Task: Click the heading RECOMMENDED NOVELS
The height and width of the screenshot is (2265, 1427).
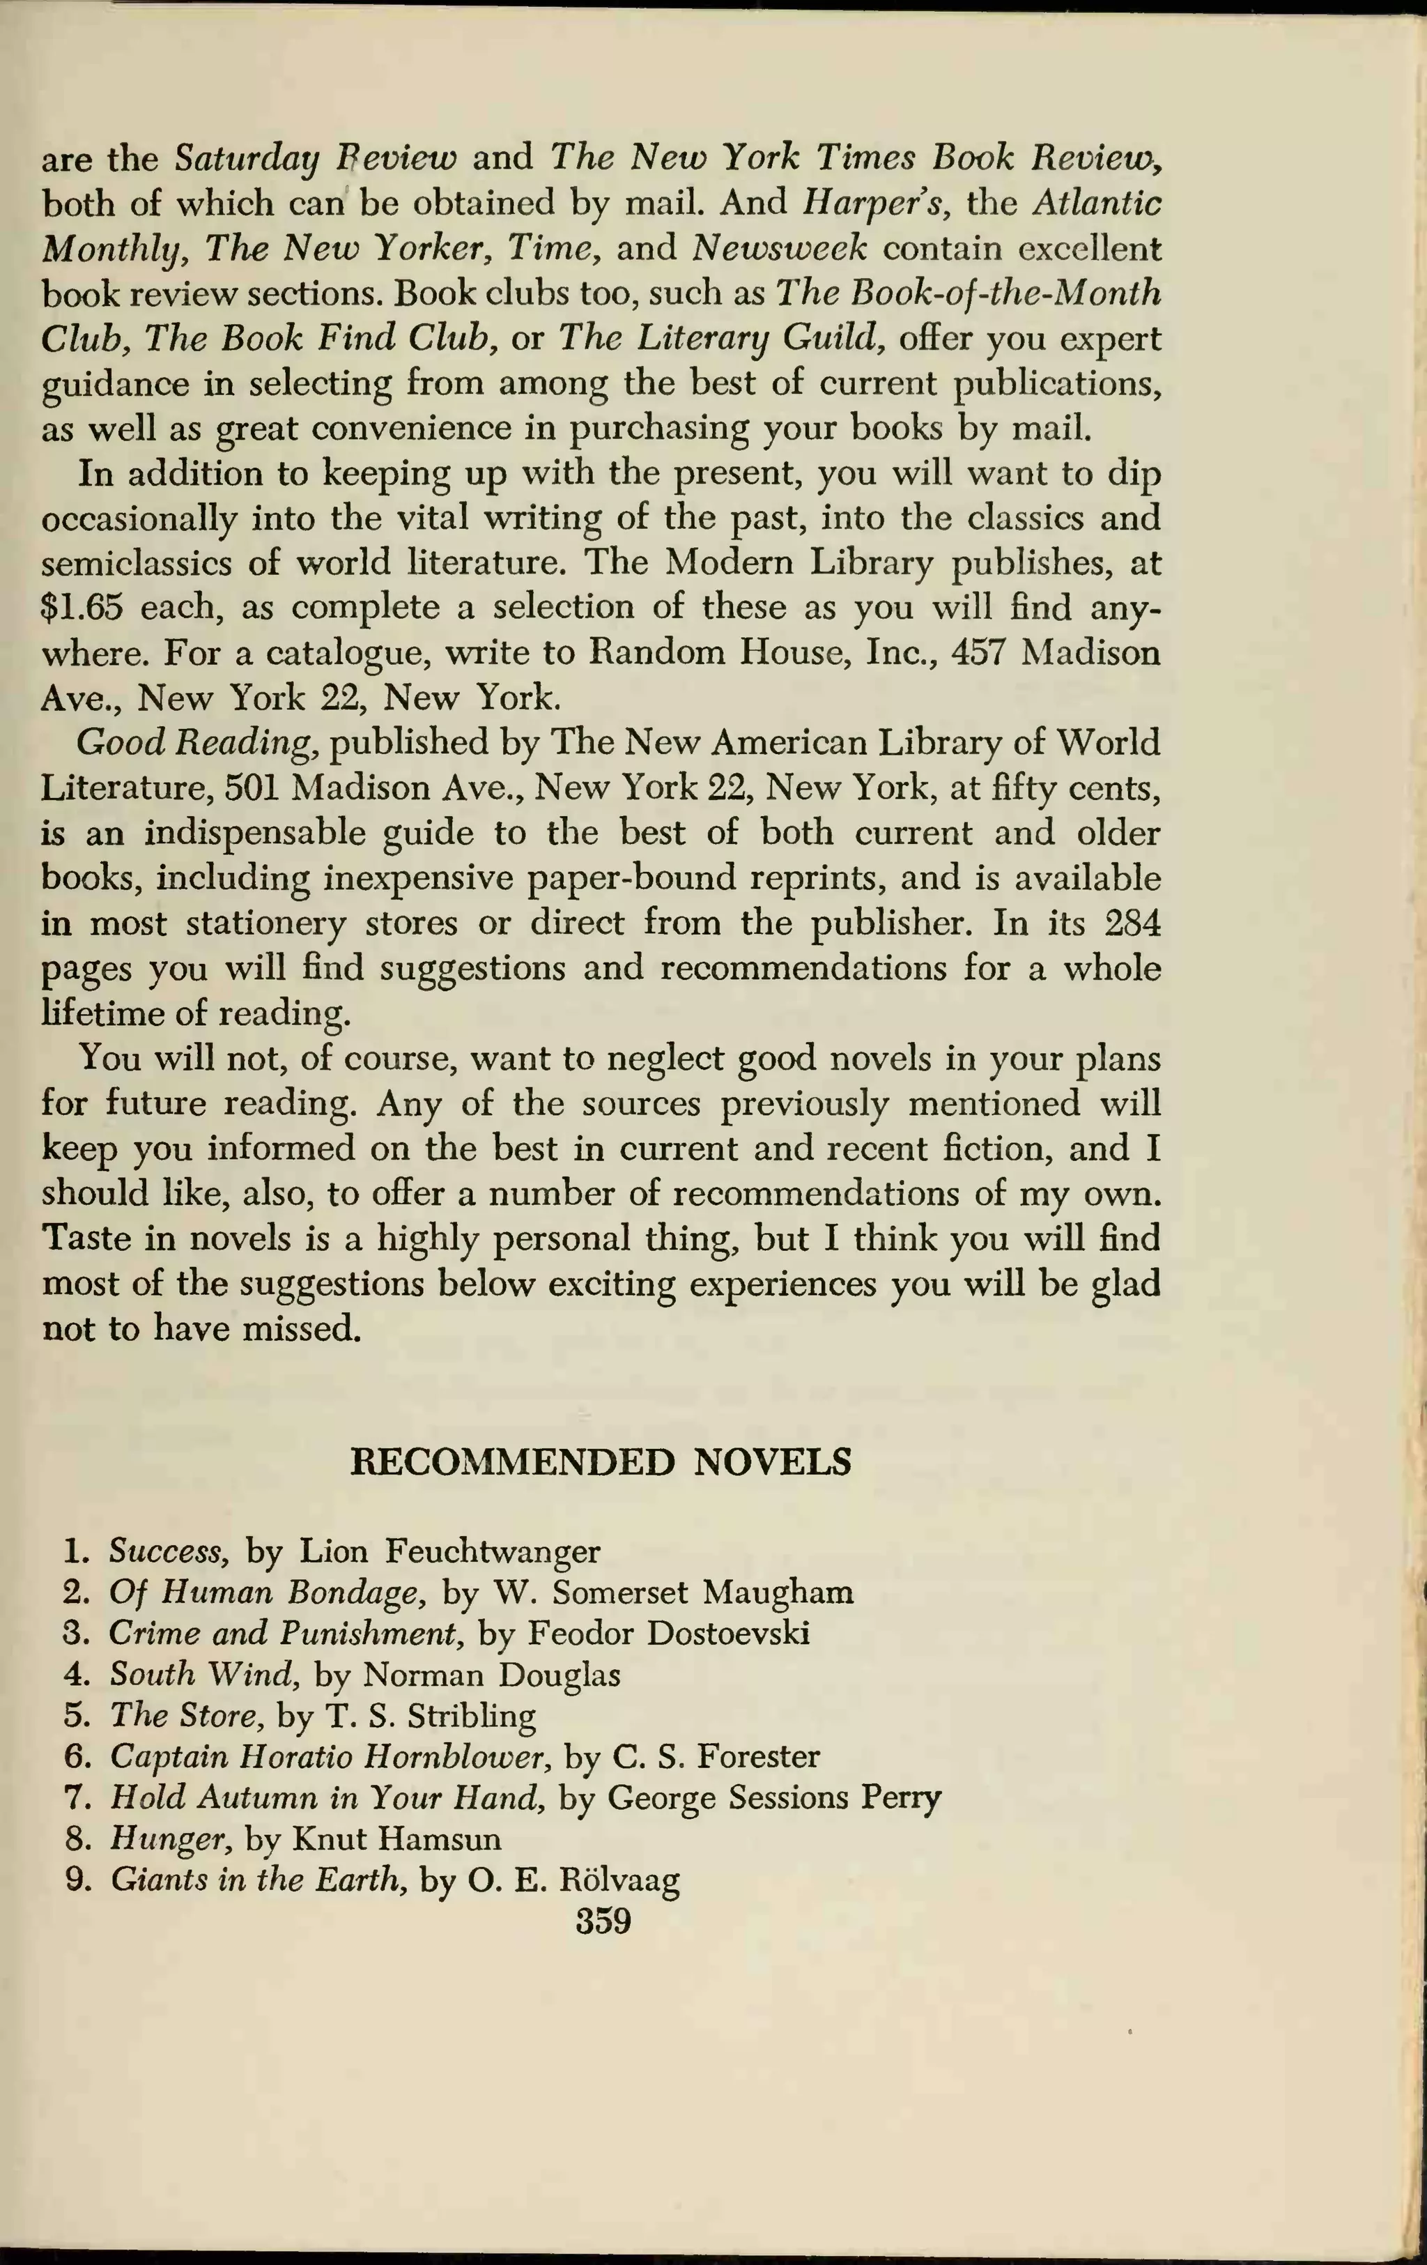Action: tap(600, 1461)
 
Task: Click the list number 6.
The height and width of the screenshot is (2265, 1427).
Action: tap(75, 1756)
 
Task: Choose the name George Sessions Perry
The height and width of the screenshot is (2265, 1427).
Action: tap(773, 1797)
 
